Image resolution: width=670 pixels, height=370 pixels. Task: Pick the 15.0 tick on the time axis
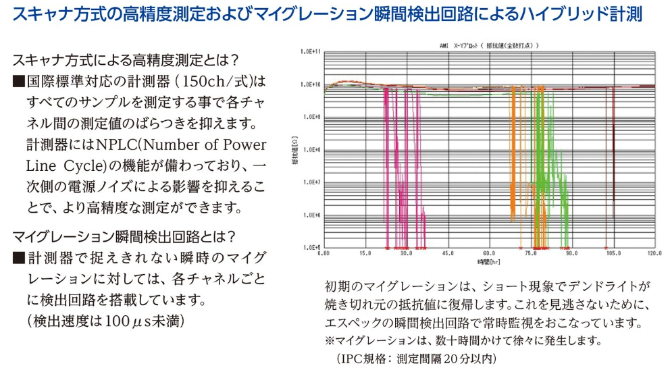[365, 255]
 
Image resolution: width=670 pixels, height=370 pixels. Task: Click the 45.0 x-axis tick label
[448, 255]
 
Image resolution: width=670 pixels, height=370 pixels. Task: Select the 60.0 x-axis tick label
[489, 255]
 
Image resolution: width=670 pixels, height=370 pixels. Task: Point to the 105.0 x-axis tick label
[613, 255]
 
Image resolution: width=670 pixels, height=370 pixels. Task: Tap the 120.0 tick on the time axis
[654, 255]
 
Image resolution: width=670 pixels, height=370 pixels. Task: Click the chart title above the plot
[488, 45]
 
